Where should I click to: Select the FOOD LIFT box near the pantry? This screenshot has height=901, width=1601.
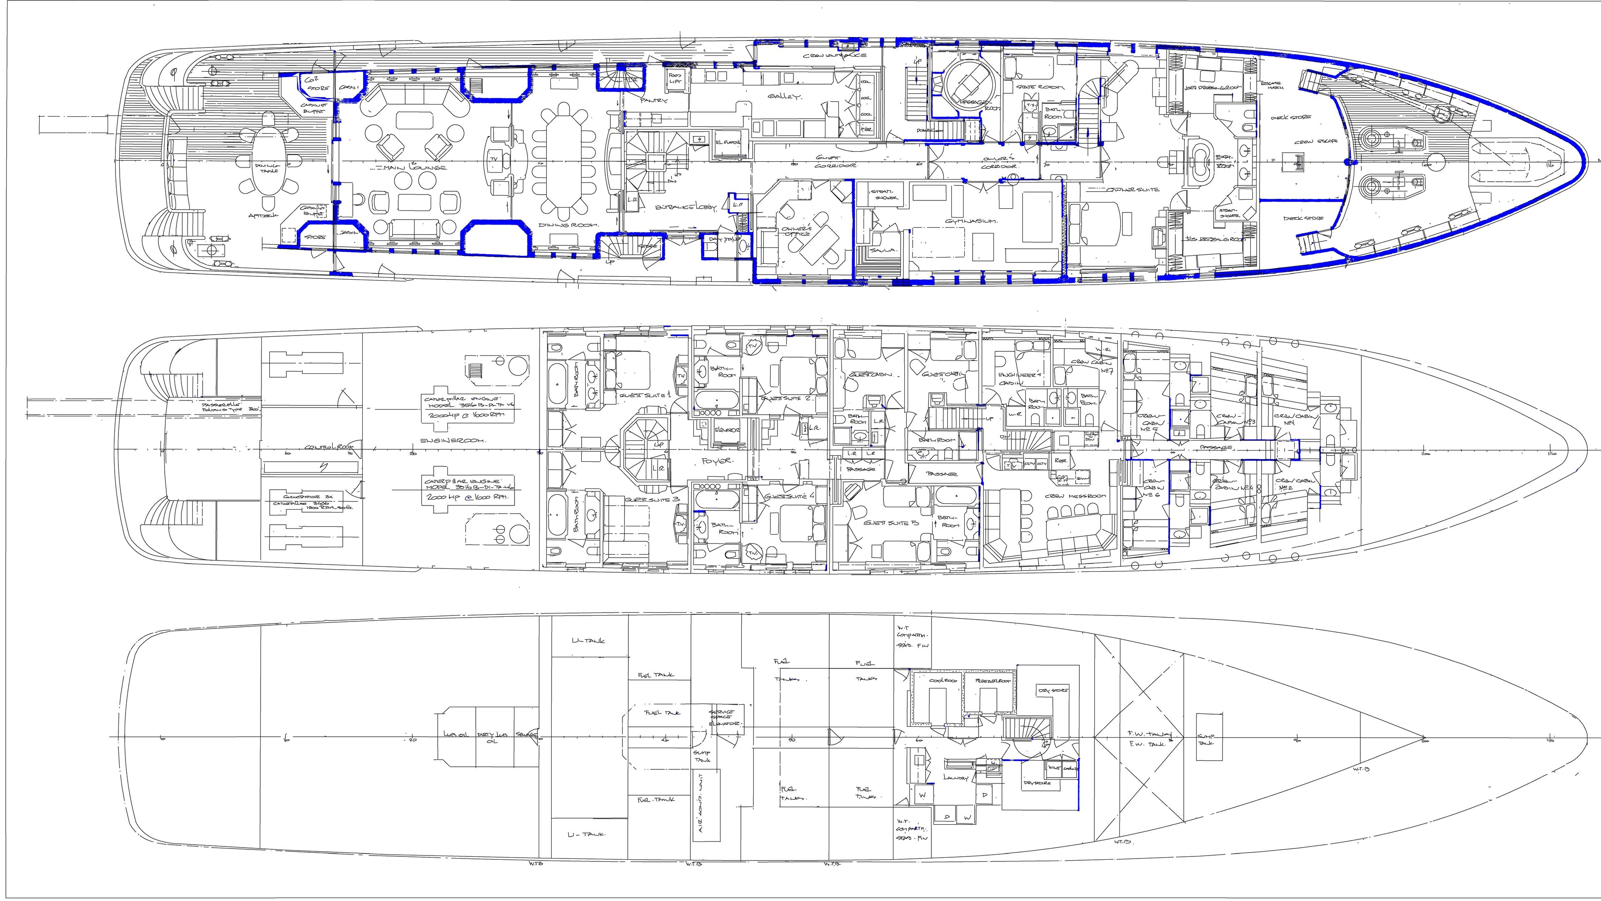tap(675, 79)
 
